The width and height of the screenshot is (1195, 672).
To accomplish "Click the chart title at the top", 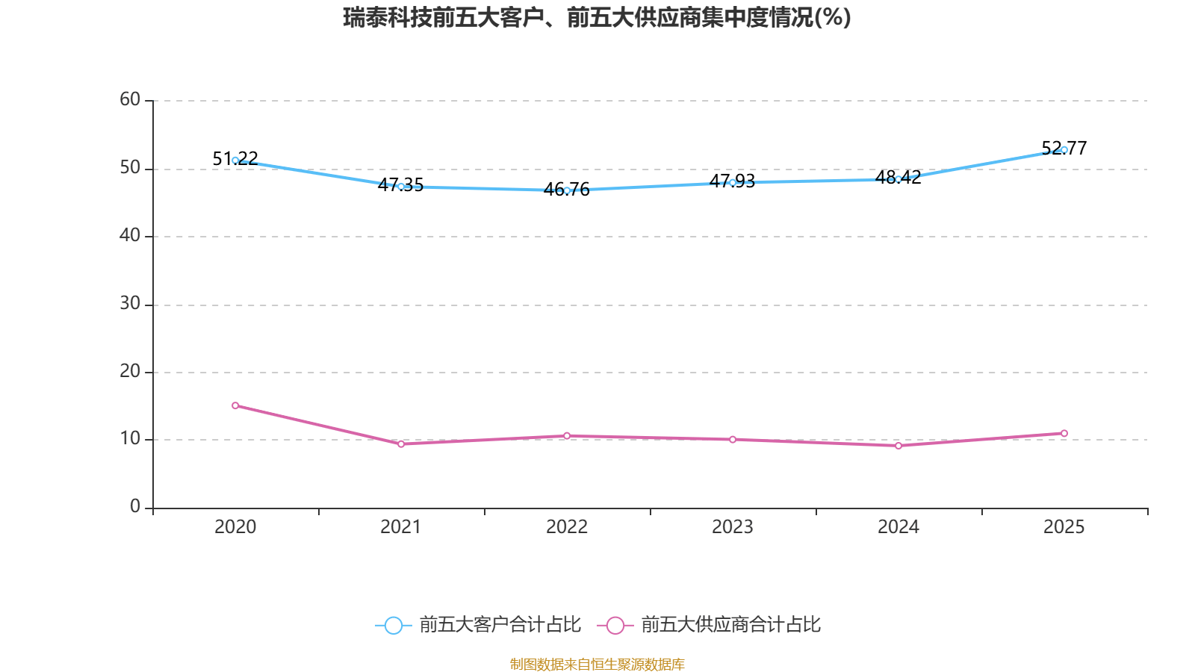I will (x=597, y=17).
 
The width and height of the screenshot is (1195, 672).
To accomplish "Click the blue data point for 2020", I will (x=235, y=160).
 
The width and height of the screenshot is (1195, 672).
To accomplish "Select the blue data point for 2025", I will (x=1064, y=149).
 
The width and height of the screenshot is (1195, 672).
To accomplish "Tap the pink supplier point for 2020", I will (x=235, y=405).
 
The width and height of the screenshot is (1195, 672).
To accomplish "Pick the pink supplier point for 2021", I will (x=401, y=444).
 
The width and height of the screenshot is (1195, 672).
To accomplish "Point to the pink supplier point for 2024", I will (x=898, y=446).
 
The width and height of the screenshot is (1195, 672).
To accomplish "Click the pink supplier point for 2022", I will (x=567, y=435).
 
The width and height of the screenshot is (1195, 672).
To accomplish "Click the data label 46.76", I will (x=567, y=190).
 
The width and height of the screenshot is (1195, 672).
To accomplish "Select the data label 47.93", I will (x=732, y=181).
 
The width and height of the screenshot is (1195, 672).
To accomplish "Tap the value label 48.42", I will (x=898, y=178).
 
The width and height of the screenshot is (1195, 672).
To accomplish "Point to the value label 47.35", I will (x=400, y=185).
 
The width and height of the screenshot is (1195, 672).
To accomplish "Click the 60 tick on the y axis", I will (x=130, y=99).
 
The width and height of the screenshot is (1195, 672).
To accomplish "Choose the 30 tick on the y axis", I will (x=130, y=303).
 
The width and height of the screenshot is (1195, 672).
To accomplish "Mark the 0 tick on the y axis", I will (x=135, y=506).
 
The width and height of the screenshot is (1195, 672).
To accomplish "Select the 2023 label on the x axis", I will (x=733, y=527).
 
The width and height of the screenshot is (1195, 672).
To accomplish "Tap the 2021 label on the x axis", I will (x=401, y=527).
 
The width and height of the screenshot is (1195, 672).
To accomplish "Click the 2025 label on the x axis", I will (x=1064, y=527).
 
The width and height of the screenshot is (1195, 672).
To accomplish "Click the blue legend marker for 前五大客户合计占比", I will (x=393, y=625).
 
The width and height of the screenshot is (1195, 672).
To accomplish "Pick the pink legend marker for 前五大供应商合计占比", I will (x=615, y=625).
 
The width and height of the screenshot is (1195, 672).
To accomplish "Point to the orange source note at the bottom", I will (x=597, y=664).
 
